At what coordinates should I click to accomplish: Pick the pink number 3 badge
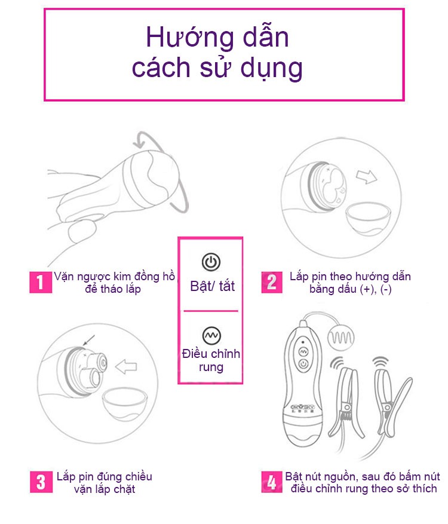[39, 482]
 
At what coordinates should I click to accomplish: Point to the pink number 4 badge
[272, 482]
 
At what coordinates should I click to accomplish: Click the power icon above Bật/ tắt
[211, 262]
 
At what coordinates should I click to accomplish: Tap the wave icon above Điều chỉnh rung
[211, 336]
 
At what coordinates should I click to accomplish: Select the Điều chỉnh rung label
[211, 360]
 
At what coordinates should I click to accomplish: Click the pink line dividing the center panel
[211, 311]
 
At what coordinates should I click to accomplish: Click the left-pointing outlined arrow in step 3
[126, 366]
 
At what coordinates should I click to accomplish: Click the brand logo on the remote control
[305, 407]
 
